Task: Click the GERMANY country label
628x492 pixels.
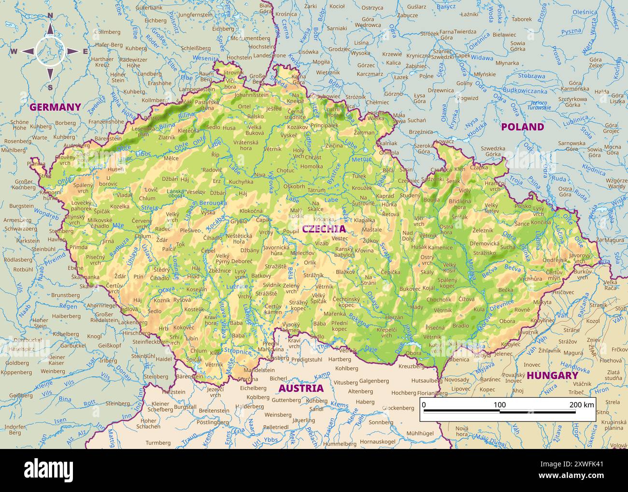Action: (55, 107)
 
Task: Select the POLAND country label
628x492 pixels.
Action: (522, 127)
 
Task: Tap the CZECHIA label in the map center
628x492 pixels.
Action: (324, 229)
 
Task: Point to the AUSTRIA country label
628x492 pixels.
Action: (301, 388)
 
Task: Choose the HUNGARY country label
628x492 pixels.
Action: (552, 376)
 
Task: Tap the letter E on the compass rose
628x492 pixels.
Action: (85, 52)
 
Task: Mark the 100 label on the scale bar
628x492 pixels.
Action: (500, 405)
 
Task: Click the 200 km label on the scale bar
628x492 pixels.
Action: (582, 405)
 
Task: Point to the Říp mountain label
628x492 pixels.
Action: (215, 155)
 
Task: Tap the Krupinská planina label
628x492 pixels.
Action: (614, 425)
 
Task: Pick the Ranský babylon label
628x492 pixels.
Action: (344, 252)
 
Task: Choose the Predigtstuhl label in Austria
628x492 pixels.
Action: (307, 360)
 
